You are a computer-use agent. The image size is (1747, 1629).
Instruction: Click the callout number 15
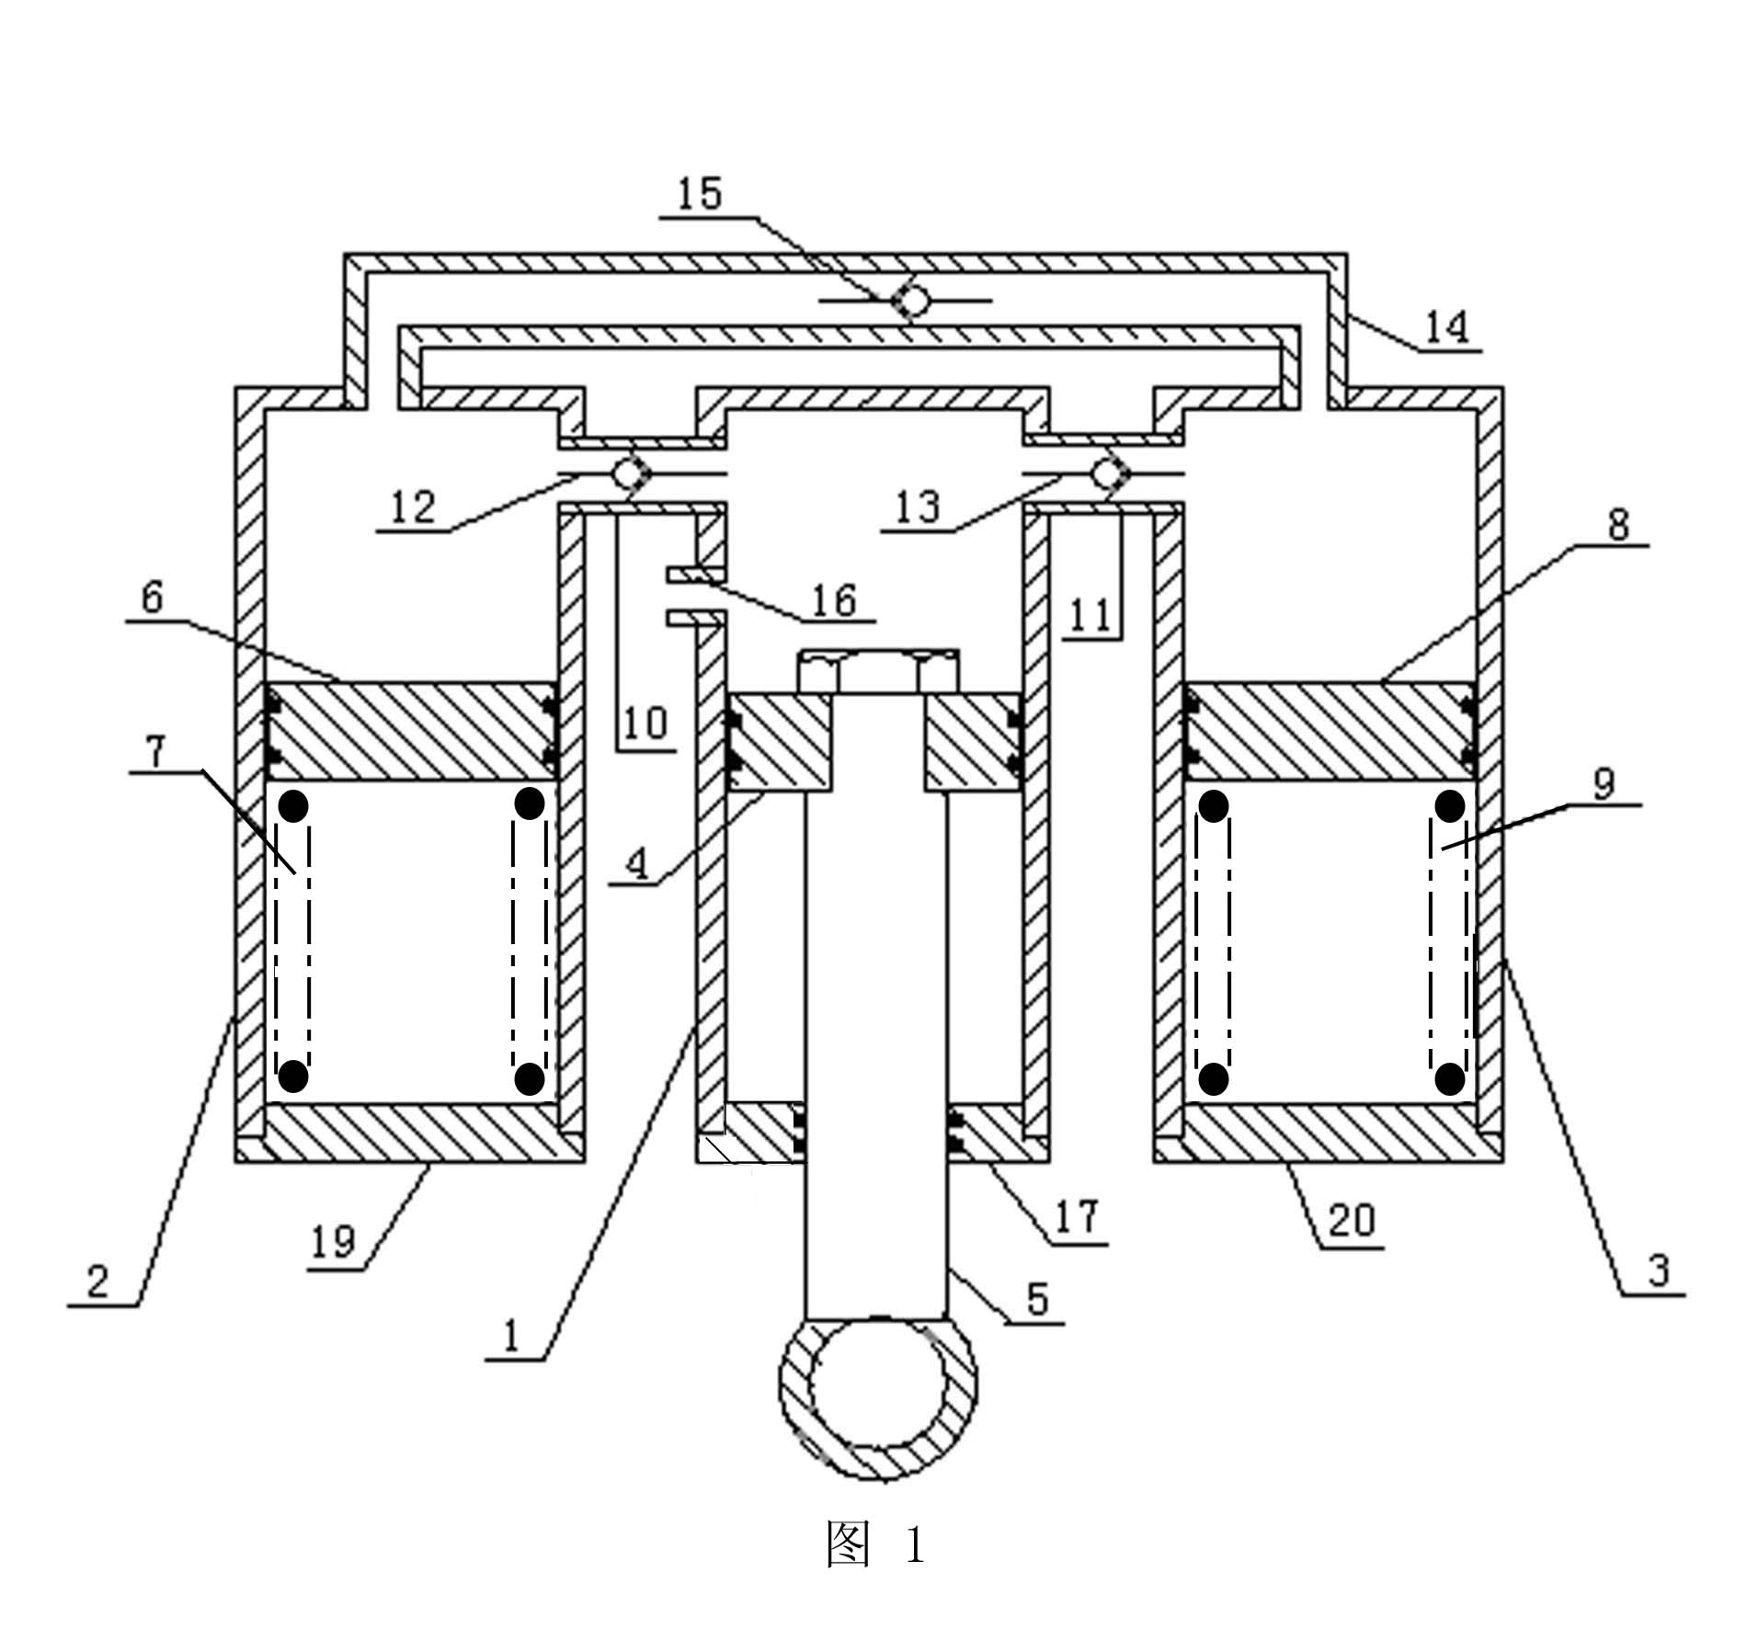pyautogui.click(x=700, y=194)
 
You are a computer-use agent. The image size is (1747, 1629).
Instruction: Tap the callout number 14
pyautogui.click(x=1447, y=326)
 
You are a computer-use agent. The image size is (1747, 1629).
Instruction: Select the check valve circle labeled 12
pyautogui.click(x=629, y=473)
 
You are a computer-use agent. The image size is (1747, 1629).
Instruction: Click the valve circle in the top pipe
pyautogui.click(x=911, y=300)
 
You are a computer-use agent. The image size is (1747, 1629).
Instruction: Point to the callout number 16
pyautogui.click(x=834, y=600)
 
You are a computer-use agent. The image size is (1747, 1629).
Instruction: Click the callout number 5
pyautogui.click(x=1037, y=1299)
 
